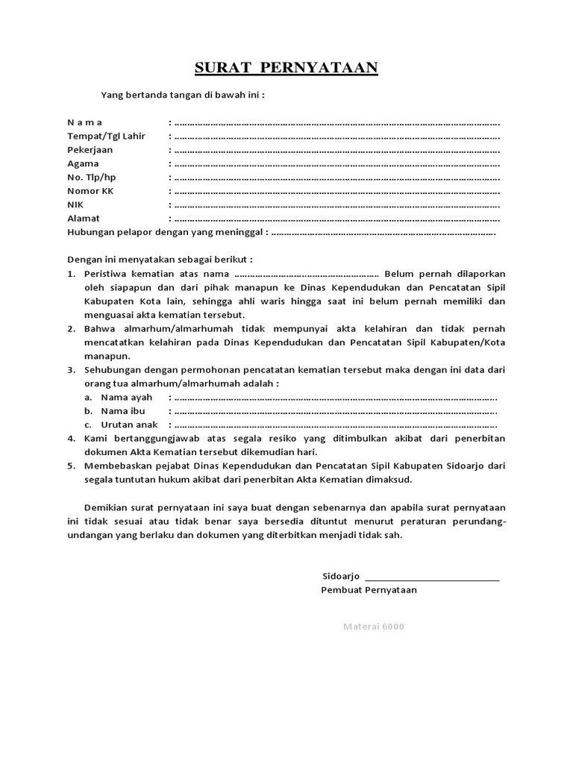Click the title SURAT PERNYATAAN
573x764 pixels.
tap(286, 69)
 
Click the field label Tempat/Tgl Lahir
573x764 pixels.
tap(106, 136)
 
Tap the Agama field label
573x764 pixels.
tap(84, 163)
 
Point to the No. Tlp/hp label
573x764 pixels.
tap(92, 177)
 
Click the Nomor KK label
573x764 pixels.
tap(90, 191)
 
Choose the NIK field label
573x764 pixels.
tap(75, 204)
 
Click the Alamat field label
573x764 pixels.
tap(84, 219)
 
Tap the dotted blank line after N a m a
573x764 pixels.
tap(336, 122)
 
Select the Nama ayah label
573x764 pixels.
tap(126, 397)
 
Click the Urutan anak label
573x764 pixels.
tap(129, 425)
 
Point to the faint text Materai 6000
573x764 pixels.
tap(373, 626)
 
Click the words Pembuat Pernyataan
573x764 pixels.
tap(369, 589)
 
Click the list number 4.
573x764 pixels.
tap(71, 438)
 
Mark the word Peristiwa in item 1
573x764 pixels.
tap(106, 274)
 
